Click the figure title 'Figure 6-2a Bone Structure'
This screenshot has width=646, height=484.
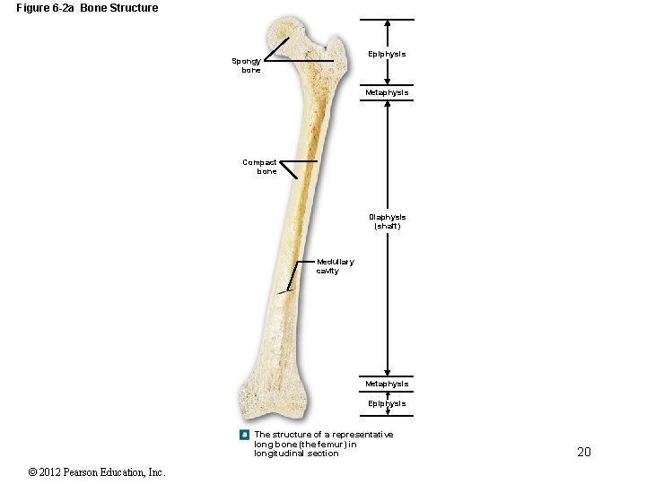[x=87, y=8]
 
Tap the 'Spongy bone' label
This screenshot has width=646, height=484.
[x=246, y=65]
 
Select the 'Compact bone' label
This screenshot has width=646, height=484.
[x=260, y=167]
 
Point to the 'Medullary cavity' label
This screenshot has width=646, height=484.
[x=335, y=266]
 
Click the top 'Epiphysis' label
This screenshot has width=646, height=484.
[x=387, y=54]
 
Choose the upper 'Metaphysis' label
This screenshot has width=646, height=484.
[x=387, y=92]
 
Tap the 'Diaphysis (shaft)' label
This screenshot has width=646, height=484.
[x=387, y=221]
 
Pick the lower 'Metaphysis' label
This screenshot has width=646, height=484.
[x=387, y=384]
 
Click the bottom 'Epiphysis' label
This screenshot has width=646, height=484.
[x=387, y=403]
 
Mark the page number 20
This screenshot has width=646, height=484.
[x=583, y=452]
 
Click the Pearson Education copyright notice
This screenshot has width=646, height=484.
[x=97, y=472]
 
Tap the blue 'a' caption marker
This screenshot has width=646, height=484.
[x=244, y=435]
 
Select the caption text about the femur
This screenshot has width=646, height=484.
[x=323, y=444]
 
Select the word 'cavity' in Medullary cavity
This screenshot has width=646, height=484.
[x=327, y=271]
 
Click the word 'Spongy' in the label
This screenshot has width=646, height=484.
[x=246, y=61]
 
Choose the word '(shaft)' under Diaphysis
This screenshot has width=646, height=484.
[x=387, y=227]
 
